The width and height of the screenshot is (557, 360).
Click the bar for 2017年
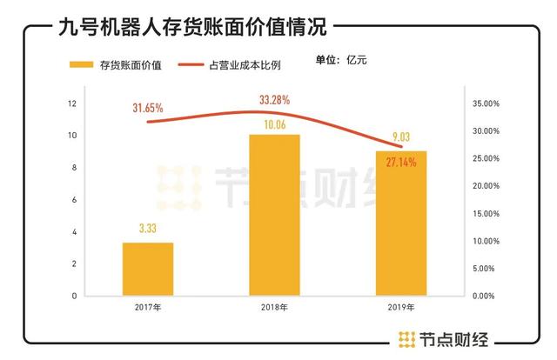(x=147, y=269)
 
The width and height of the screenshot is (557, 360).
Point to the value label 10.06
(x=274, y=124)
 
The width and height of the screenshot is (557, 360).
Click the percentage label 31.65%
(x=148, y=108)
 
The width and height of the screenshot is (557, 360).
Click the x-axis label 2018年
(x=274, y=308)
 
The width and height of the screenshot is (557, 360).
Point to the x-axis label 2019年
(x=401, y=308)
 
